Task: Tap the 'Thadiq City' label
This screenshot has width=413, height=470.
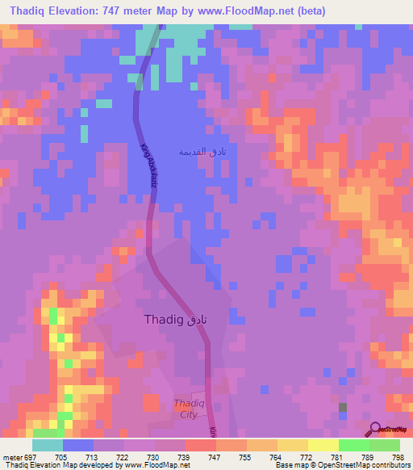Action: pyautogui.click(x=186, y=409)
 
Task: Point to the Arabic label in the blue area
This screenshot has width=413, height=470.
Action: pyautogui.click(x=199, y=152)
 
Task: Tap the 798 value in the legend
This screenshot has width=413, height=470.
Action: pyautogui.click(x=398, y=456)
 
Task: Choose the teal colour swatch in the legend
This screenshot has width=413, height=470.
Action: pyautogui.click(x=47, y=445)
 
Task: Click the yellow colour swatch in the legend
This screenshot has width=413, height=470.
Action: pyautogui.click(x=323, y=445)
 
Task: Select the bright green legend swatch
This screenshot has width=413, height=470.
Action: pyautogui.click(x=353, y=445)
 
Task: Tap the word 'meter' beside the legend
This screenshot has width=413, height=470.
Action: pyautogui.click(x=13, y=456)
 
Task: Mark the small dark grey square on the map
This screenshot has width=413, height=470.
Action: pyautogui.click(x=342, y=408)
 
